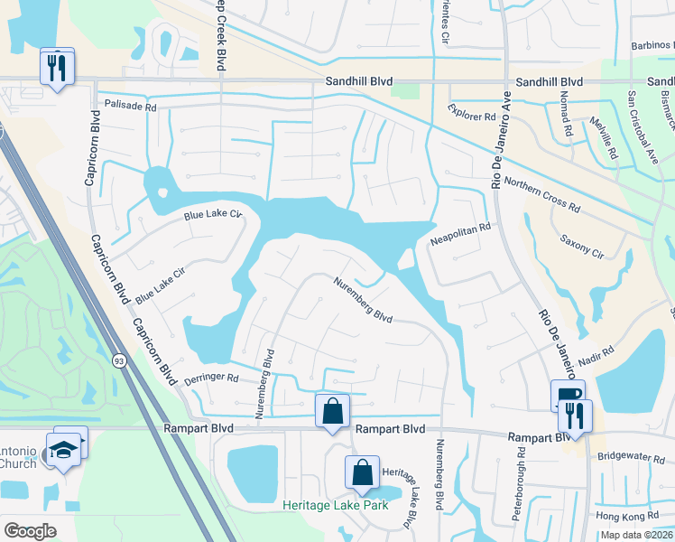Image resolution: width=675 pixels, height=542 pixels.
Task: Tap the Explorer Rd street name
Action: pyautogui.click(x=473, y=117)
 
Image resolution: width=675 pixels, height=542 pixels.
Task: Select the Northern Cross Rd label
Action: pyautogui.click(x=541, y=193)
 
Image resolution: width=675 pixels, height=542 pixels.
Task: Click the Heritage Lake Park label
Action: pyautogui.click(x=335, y=505)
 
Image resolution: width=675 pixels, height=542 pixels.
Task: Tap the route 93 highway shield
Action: pyautogui.click(x=118, y=361)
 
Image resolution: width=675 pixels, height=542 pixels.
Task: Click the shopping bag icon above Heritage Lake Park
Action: pyautogui.click(x=362, y=471)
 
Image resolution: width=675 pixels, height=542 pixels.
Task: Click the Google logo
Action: pyautogui.click(x=31, y=531)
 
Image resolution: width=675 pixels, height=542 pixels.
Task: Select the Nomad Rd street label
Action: pyautogui.click(x=566, y=114)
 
